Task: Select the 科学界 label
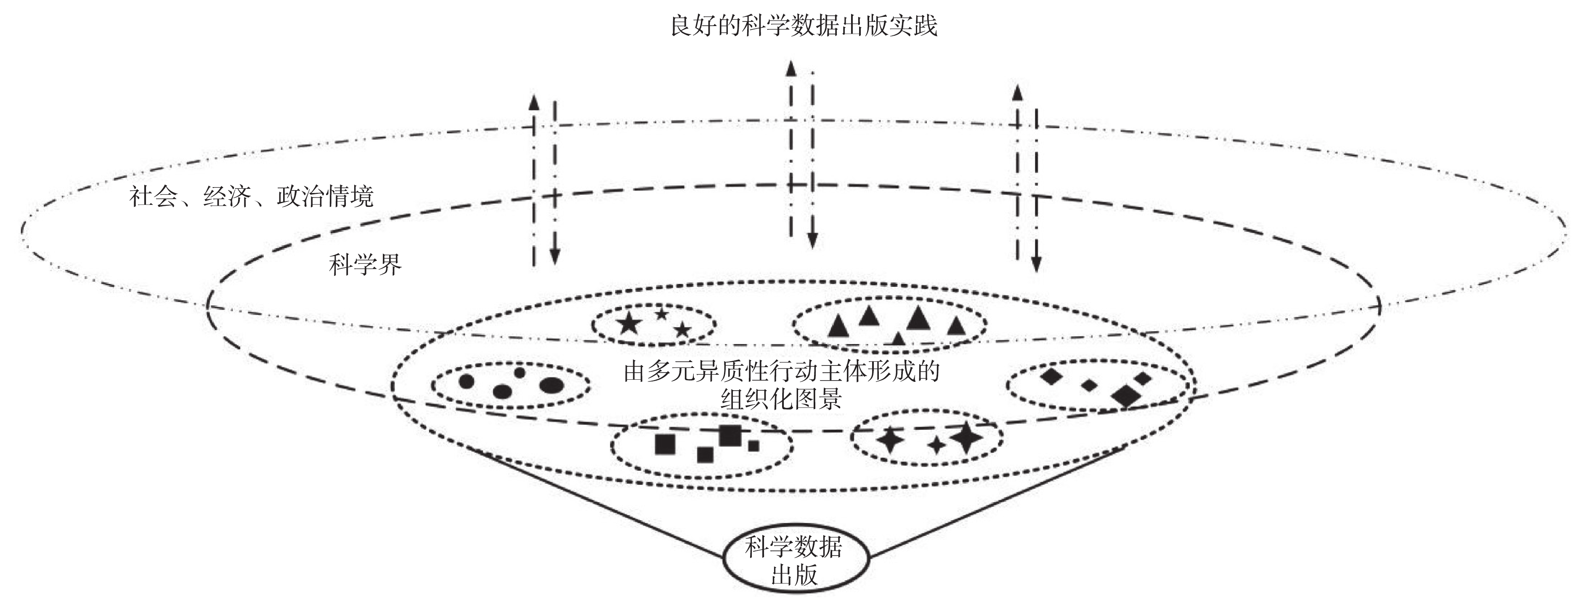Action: [x=365, y=265]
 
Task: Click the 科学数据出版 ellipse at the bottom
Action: [x=796, y=559]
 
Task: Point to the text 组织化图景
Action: [x=781, y=400]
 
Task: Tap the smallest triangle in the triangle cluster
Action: [x=898, y=338]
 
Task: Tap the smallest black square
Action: [x=753, y=446]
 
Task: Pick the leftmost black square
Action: [x=665, y=443]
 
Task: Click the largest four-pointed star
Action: [x=966, y=438]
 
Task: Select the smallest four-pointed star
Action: [x=936, y=445]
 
